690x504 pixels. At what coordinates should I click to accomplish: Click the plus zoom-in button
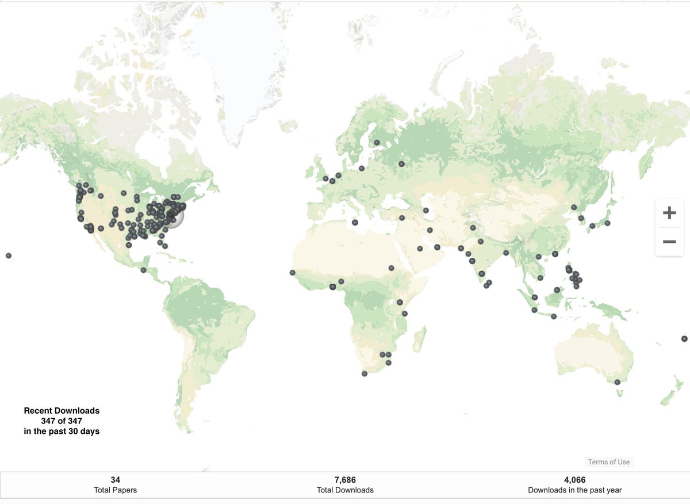pyautogui.click(x=669, y=213)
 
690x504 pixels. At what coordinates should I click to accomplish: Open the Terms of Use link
pyautogui.click(x=608, y=462)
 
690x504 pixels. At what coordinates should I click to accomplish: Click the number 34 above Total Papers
pyautogui.click(x=115, y=480)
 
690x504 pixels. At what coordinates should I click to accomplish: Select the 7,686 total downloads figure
pyautogui.click(x=345, y=480)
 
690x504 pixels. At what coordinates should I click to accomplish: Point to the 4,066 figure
pyautogui.click(x=574, y=480)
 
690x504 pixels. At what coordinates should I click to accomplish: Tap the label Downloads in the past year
pyautogui.click(x=574, y=490)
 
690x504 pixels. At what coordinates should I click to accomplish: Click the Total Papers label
pyautogui.click(x=115, y=490)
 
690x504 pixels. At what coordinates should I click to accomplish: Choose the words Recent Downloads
pyautogui.click(x=62, y=411)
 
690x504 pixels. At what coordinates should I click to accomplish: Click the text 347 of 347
pyautogui.click(x=62, y=421)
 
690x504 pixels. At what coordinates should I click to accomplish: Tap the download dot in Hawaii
pyautogui.click(x=9, y=255)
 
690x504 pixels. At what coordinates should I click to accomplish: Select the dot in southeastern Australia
pyautogui.click(x=617, y=382)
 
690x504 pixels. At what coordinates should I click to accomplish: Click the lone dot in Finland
pyautogui.click(x=377, y=143)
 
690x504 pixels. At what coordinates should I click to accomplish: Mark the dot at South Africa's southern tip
pyautogui.click(x=364, y=374)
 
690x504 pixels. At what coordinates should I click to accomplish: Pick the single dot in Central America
pyautogui.click(x=143, y=270)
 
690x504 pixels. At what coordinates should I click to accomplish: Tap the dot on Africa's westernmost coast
pyautogui.click(x=292, y=273)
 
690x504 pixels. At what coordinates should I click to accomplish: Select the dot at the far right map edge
pyautogui.click(x=684, y=339)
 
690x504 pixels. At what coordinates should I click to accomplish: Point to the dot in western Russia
pyautogui.click(x=401, y=164)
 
